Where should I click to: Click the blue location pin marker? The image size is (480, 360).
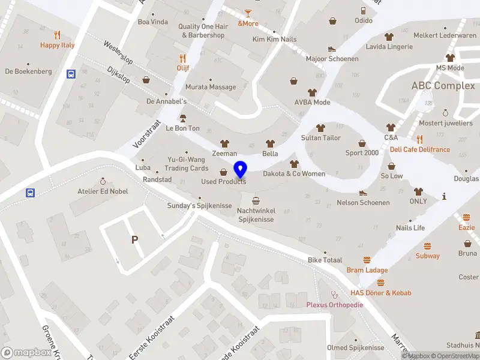coord(241,170)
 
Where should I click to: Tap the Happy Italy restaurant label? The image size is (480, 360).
coord(58,45)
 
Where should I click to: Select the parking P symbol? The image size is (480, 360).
coord(135,240)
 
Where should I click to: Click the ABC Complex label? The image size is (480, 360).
coord(443,86)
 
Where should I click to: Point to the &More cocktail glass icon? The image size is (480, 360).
coord(248,13)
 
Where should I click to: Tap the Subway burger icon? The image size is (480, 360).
coord(428,246)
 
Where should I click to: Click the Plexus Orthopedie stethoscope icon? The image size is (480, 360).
coord(335,294)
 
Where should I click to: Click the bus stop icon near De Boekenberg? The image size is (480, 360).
coord(71,74)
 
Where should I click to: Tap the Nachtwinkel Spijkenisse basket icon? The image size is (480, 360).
coord(256,201)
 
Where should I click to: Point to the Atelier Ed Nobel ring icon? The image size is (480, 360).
coord(103,181)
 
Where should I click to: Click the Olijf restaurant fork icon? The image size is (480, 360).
coord(183,58)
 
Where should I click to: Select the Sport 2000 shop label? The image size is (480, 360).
coord(362,152)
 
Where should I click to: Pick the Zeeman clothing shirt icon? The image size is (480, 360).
coord(224,143)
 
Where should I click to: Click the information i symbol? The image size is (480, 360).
coord(444,196)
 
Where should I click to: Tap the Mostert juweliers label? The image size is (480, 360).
coord(445,123)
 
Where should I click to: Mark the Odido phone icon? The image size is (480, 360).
coord(363,10)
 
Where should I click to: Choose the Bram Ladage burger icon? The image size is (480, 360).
coord(367,260)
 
